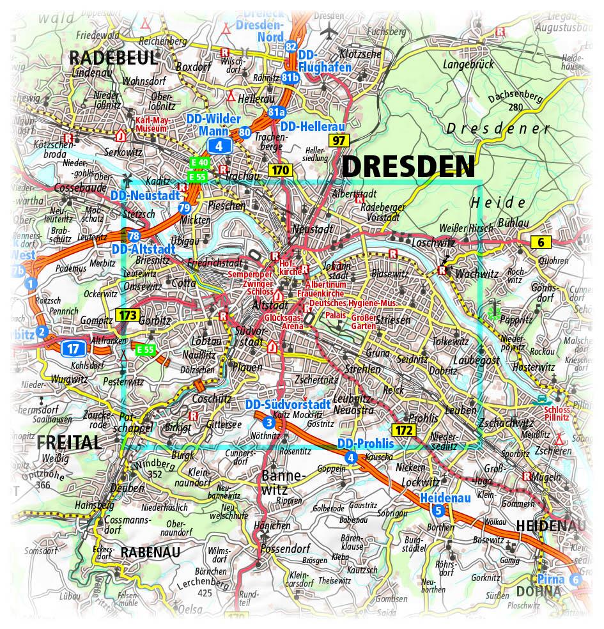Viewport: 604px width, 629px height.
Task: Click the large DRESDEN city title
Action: click(x=409, y=167)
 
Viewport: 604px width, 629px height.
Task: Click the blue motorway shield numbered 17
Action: click(x=73, y=348)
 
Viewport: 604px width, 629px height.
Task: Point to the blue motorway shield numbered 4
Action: click(x=221, y=146)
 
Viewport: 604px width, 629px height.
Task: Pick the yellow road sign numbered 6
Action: click(x=541, y=242)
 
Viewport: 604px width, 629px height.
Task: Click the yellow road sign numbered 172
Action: click(x=404, y=430)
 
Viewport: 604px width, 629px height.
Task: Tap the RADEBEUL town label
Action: click(x=112, y=58)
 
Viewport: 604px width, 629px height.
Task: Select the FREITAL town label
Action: click(x=69, y=442)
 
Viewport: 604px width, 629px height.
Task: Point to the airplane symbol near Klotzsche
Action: click(x=330, y=30)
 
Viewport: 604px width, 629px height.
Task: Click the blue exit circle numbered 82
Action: click(x=291, y=46)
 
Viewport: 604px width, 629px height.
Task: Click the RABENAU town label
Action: click(x=150, y=552)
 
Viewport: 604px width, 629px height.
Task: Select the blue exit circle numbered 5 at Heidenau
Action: click(x=438, y=509)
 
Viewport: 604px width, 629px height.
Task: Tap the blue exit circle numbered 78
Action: click(x=134, y=236)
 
